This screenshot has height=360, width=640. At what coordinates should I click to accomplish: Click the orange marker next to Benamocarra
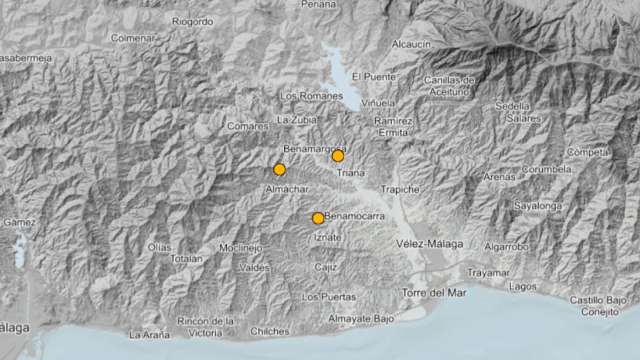pos(318,218)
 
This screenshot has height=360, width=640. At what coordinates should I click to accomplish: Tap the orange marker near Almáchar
pos(279,169)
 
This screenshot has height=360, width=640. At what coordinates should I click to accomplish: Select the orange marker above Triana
pos(338,156)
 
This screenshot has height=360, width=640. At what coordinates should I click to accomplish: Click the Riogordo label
pos(193,20)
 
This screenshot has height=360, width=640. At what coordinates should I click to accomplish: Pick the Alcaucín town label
pos(411,44)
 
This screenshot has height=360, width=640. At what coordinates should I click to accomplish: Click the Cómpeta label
pos(587,152)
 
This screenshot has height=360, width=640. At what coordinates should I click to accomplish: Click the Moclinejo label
pos(240,247)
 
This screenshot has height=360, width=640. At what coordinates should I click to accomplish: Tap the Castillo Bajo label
pos(598,300)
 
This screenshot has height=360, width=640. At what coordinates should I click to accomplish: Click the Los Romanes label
pos(303,96)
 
